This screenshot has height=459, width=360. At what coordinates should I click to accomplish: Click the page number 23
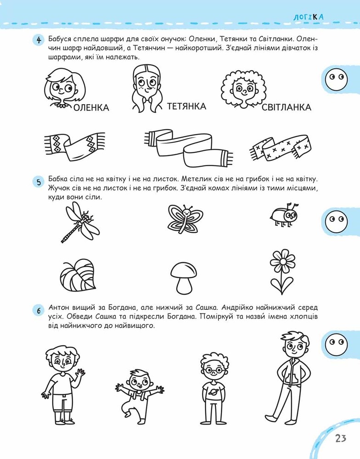pos(341,438)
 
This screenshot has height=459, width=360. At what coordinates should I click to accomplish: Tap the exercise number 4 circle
pos(39,39)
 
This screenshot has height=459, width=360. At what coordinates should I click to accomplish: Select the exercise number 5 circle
pos(39,182)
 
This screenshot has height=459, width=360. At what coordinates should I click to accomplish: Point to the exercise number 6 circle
pos(39,310)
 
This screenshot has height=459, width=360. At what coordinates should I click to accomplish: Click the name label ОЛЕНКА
pos(91,108)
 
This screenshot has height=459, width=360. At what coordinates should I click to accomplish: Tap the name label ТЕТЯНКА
pos(186,106)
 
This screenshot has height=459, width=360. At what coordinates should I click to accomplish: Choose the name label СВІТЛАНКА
pos(286,107)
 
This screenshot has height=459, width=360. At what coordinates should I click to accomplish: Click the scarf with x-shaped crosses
pos(280,148)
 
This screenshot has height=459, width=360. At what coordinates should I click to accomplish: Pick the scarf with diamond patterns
pos(75,146)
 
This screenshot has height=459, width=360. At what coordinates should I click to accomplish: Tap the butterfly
pos(185,219)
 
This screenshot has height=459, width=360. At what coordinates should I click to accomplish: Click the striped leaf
pos(78,275)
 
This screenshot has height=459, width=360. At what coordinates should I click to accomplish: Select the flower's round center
pos(282,261)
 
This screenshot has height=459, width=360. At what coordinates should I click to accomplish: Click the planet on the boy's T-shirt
pos(213,390)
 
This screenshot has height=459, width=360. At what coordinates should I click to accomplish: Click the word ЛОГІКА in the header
pos(309,17)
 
